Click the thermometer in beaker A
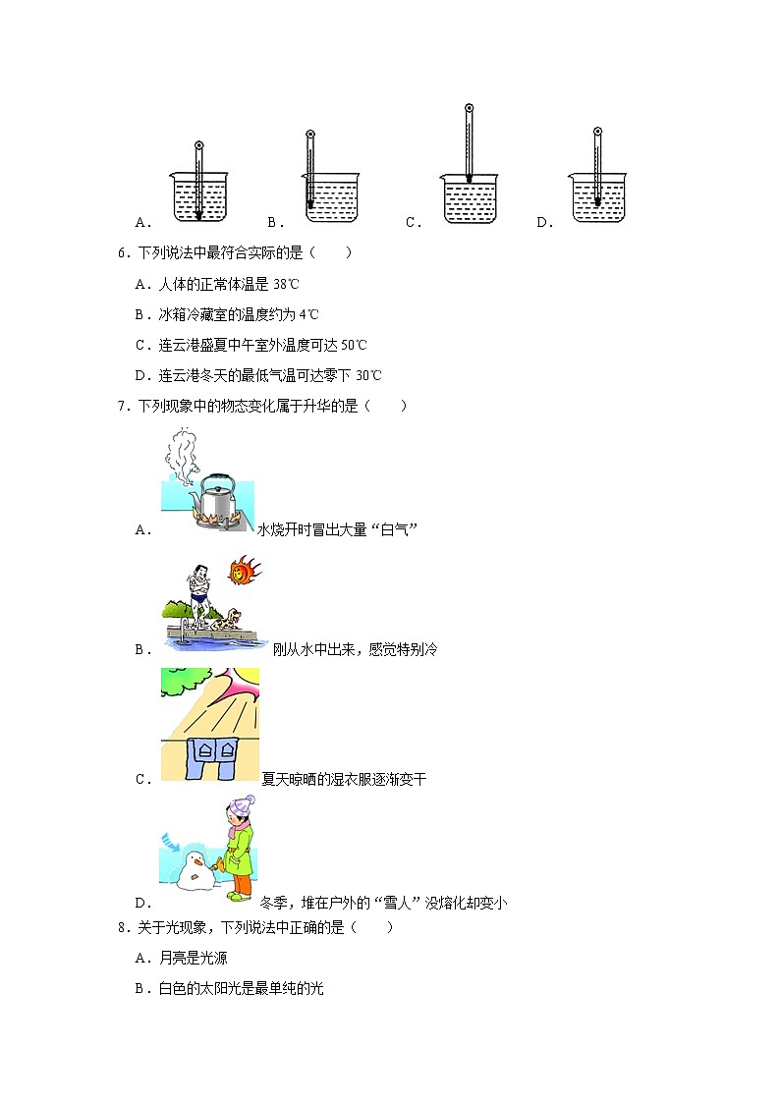pyautogui.click(x=198, y=182)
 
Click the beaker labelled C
pyautogui.click(x=469, y=199)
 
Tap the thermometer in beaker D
pyautogui.click(x=596, y=167)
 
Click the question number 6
pyautogui.click(x=122, y=252)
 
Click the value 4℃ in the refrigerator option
pyautogui.click(x=309, y=314)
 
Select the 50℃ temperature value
pyautogui.click(x=354, y=345)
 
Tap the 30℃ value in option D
pyautogui.click(x=368, y=375)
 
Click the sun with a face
pyautogui.click(x=244, y=570)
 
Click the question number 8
pyautogui.click(x=122, y=927)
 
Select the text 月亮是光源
pyautogui.click(x=193, y=958)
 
